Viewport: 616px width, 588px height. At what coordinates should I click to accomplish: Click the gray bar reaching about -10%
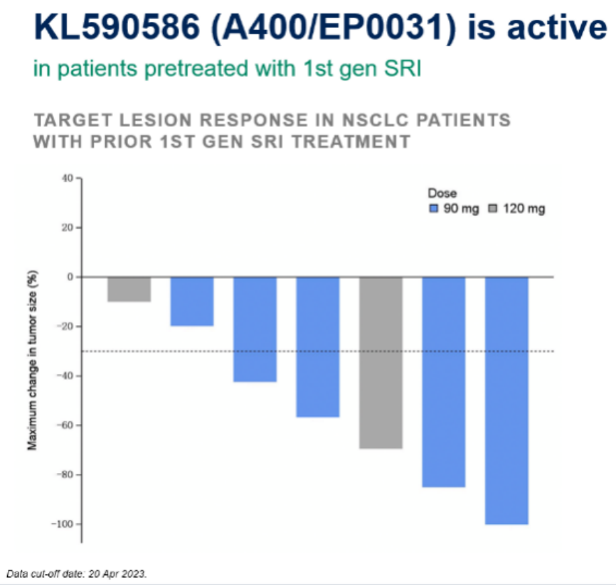coord(129,289)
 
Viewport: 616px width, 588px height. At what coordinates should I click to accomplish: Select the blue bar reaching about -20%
coord(192,301)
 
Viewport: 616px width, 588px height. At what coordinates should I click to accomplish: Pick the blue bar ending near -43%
coord(255,329)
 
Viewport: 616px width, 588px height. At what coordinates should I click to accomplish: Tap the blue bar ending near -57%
coord(318,347)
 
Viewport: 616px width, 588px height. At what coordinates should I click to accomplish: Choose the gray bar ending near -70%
coord(381,362)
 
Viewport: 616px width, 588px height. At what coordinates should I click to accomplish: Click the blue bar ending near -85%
coord(444,381)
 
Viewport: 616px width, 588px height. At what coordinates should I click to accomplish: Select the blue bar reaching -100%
coord(506,400)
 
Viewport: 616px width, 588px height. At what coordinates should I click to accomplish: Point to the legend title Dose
coord(442,193)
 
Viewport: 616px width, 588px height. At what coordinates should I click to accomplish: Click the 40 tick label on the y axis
coord(68,178)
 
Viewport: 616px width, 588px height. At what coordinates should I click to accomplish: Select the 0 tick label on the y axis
coord(71,277)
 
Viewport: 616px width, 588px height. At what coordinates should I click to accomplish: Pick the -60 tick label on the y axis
coord(65,425)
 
